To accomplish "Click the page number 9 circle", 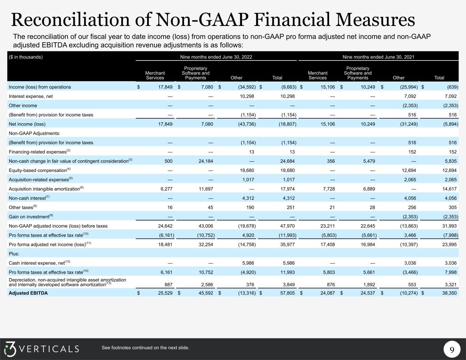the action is click(x=452, y=349).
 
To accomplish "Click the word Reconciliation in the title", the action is click(x=71, y=20).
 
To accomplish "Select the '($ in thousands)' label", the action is click(x=26, y=57).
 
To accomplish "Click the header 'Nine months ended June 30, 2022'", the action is click(x=216, y=57).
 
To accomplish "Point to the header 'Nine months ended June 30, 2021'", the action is click(x=378, y=57).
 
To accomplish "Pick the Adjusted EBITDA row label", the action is click(x=28, y=293).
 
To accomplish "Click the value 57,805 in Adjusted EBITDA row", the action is click(x=287, y=293).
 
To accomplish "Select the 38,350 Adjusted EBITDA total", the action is click(x=449, y=293).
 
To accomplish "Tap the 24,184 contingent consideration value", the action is click(x=206, y=161).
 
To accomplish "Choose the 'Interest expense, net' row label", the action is click(x=31, y=97).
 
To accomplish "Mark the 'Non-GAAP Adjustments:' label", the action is click(x=34, y=133).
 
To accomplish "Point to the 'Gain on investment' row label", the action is click(x=31, y=216).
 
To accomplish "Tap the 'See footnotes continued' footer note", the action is click(x=145, y=348).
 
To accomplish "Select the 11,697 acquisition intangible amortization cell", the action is click(x=206, y=189).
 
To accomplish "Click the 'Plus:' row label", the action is click(x=14, y=254).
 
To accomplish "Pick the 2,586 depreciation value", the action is click(x=207, y=285).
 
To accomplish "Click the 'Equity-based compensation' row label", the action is click(x=40, y=170).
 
